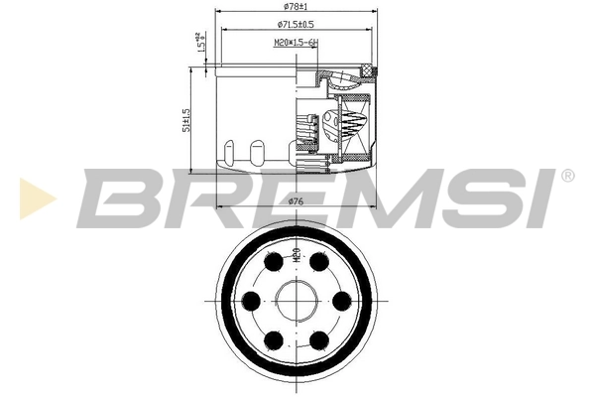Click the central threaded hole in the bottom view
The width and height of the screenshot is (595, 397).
(x=297, y=301)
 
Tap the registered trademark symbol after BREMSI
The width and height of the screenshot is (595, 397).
(x=566, y=177)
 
